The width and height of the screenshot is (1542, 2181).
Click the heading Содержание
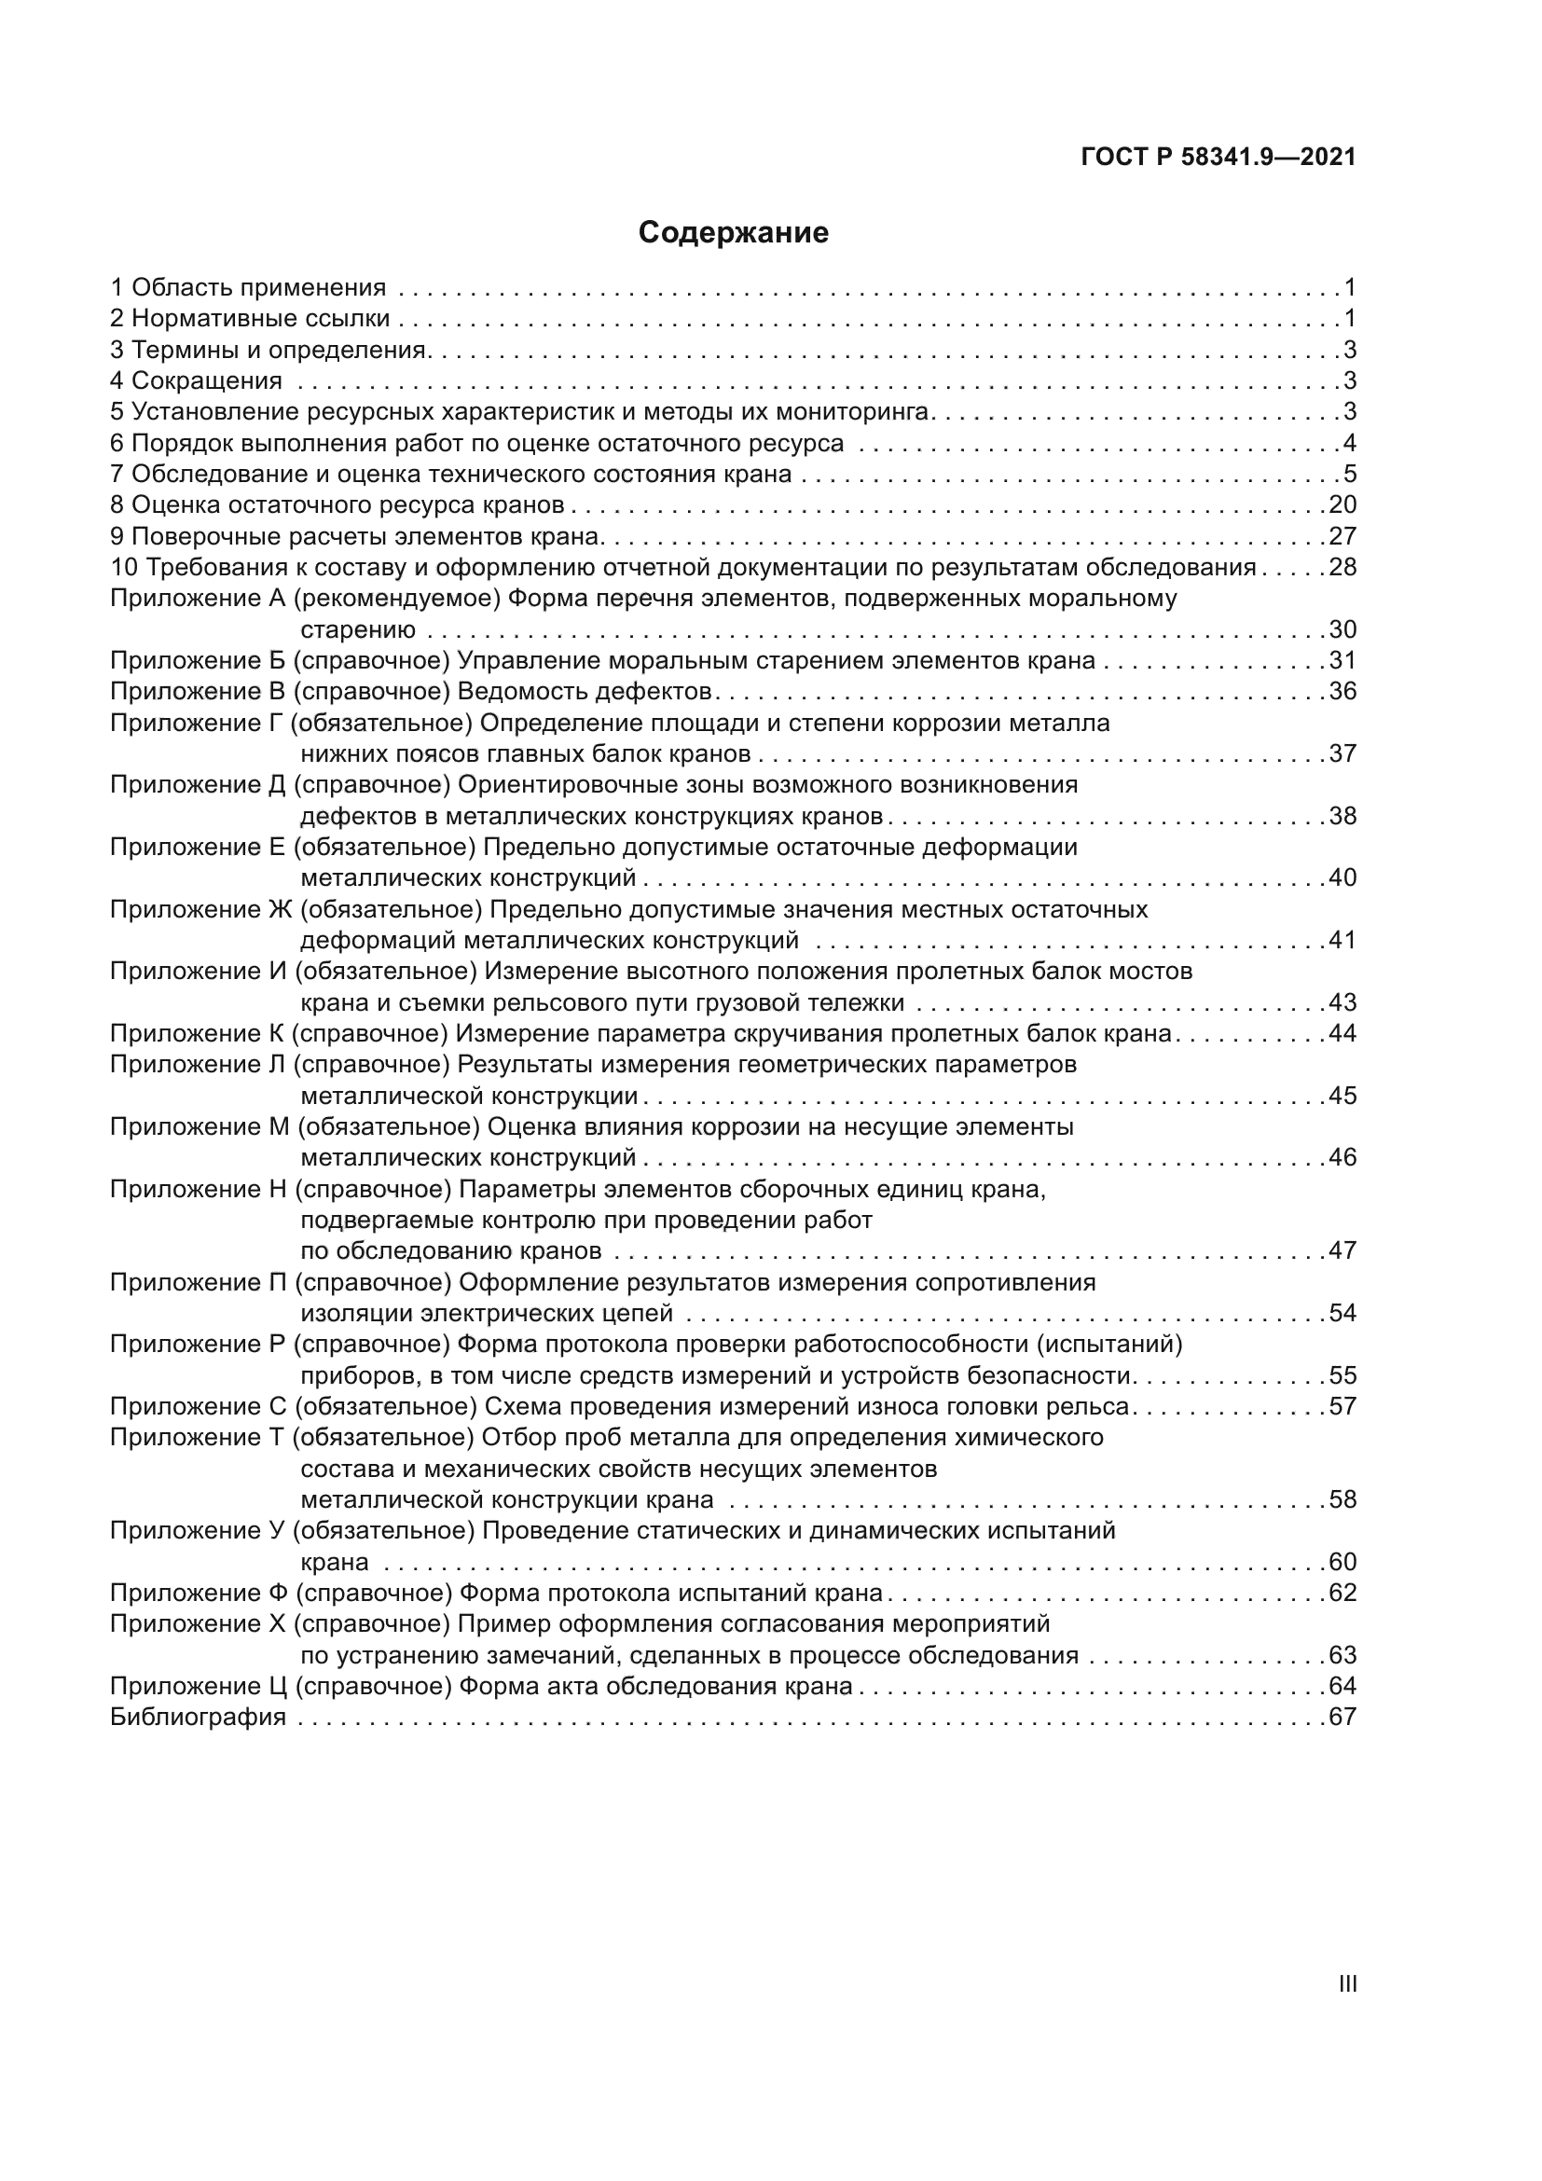pyautogui.click(x=733, y=233)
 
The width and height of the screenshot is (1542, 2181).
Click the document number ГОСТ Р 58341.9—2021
pyautogui.click(x=1218, y=158)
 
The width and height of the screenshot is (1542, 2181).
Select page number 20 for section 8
pyautogui.click(x=1342, y=504)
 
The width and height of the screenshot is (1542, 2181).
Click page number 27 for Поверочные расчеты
pyautogui.click(x=1342, y=536)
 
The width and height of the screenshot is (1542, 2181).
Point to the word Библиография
pyautogui.click(x=198, y=1718)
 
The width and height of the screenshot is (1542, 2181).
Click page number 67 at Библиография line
pyautogui.click(x=1342, y=1718)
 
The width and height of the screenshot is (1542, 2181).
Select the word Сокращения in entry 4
pyautogui.click(x=206, y=381)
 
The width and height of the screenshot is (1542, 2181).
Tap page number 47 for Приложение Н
pyautogui.click(x=1342, y=1251)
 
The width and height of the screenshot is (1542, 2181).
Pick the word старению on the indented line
pyautogui.click(x=358, y=629)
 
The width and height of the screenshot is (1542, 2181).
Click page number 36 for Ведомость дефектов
pyautogui.click(x=1342, y=691)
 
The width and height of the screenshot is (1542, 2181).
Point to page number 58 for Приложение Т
pyautogui.click(x=1342, y=1500)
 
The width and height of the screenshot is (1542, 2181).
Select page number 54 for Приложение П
pyautogui.click(x=1342, y=1314)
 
